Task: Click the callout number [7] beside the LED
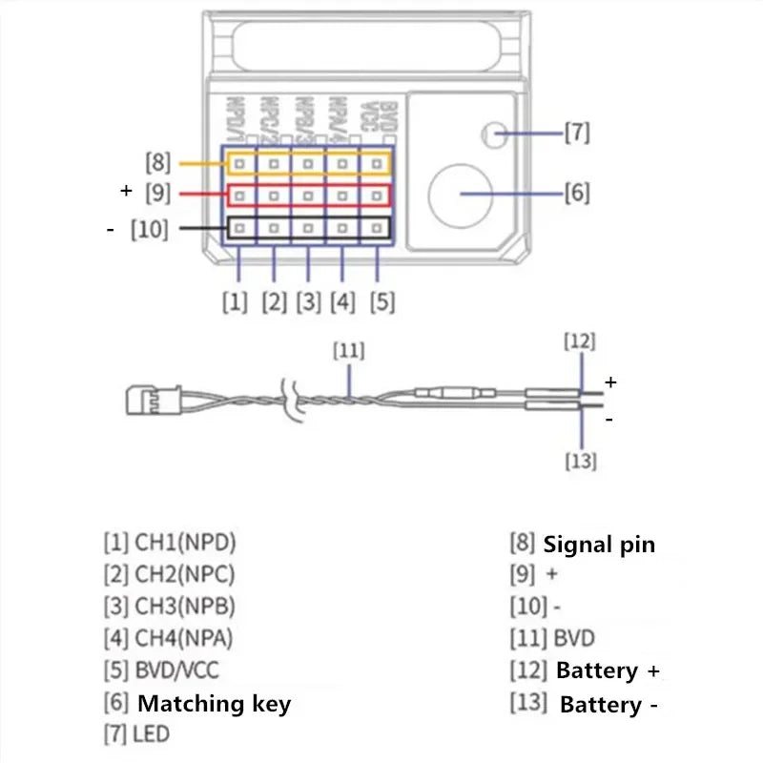point(576,133)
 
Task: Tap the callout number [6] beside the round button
point(576,193)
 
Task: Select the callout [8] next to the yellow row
point(158,163)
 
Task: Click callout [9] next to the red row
point(158,193)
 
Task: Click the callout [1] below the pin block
point(235,302)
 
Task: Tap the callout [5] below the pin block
point(381,302)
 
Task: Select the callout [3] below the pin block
point(308,302)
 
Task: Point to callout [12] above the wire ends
point(580,340)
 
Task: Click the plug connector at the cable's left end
point(142,398)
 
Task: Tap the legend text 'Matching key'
point(214,704)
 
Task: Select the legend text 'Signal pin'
point(599,546)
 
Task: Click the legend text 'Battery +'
point(608,670)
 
